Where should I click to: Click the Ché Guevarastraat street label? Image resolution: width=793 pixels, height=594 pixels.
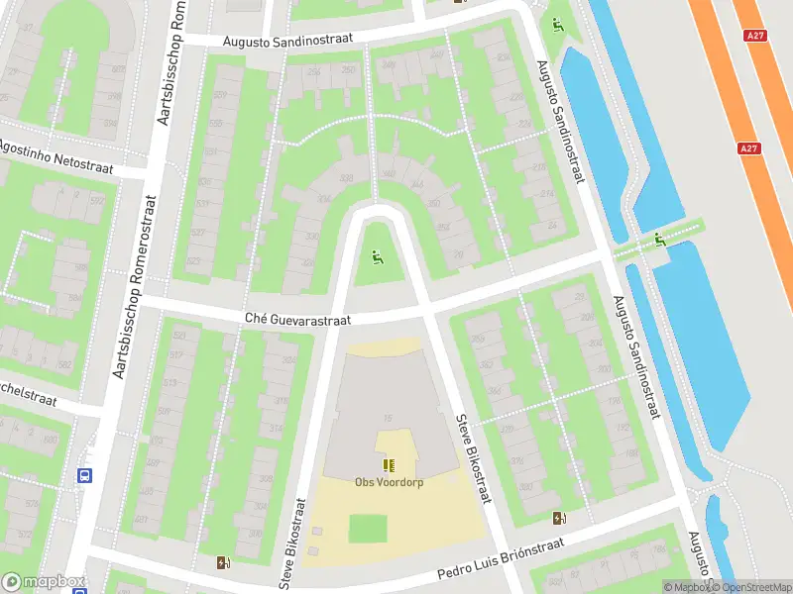pyautogui.click(x=298, y=318)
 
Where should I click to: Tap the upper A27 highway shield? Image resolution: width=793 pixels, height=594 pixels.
pyautogui.click(x=755, y=36)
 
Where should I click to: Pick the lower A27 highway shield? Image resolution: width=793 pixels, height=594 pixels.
pyautogui.click(x=751, y=148)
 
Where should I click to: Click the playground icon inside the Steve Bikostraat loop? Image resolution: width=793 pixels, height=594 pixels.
pyautogui.click(x=376, y=259)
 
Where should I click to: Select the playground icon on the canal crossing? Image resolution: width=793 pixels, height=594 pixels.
pyautogui.click(x=658, y=240)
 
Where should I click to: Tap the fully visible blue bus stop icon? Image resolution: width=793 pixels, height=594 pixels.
pyautogui.click(x=85, y=475)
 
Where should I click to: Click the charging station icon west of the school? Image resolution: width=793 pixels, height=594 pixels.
pyautogui.click(x=222, y=563)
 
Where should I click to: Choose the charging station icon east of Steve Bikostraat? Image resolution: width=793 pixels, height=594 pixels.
pyautogui.click(x=559, y=518)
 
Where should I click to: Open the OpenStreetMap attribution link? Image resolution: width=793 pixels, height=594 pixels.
pyautogui.click(x=748, y=587)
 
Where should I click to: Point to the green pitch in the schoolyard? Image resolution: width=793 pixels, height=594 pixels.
pyautogui.click(x=368, y=529)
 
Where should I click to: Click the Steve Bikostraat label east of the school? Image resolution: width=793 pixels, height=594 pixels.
pyautogui.click(x=473, y=458)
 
